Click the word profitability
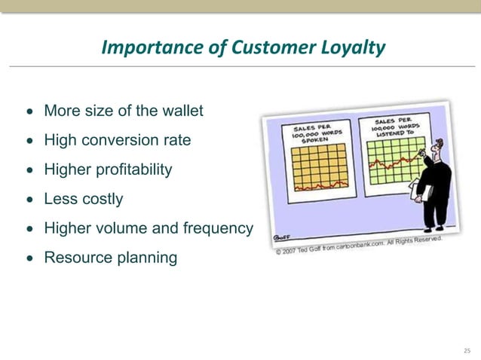tap(131, 169)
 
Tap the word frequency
tap(218, 228)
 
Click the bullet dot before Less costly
tap(29, 200)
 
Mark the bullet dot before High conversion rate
tap(29, 141)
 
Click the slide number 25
tap(467, 350)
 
